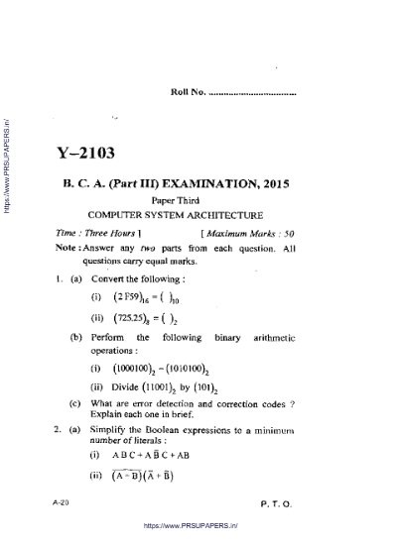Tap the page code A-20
62,504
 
